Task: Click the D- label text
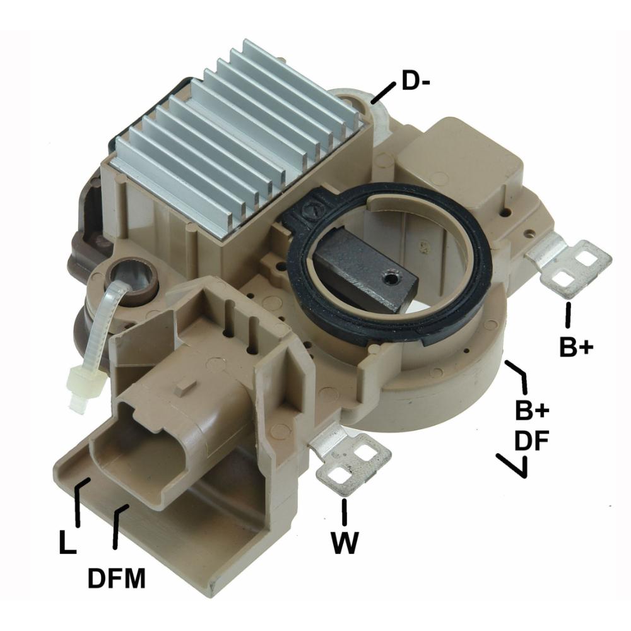[416, 81]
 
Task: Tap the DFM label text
[117, 578]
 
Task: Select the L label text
[68, 542]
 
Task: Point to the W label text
[345, 543]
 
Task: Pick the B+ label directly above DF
[531, 410]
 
